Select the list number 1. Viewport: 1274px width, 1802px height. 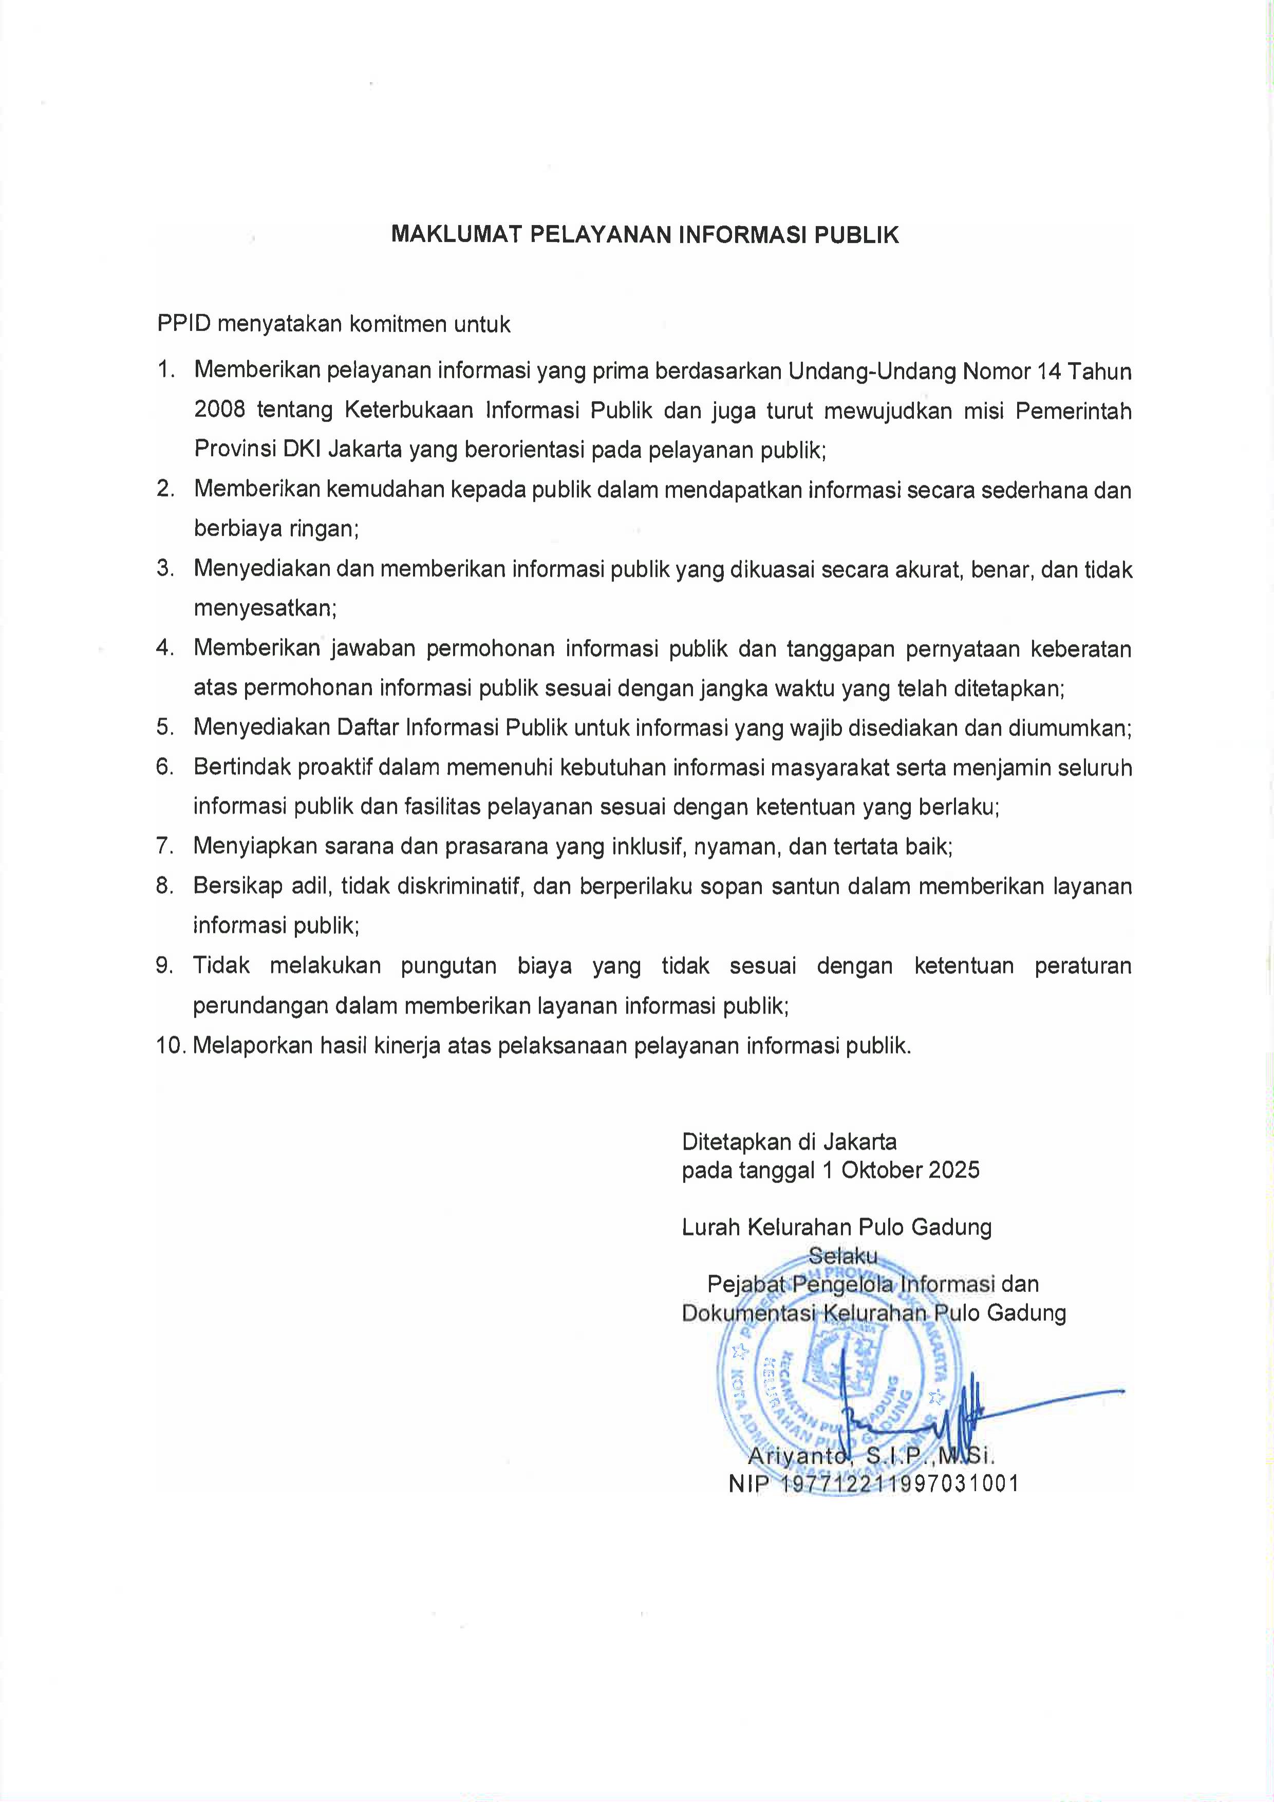pos(165,370)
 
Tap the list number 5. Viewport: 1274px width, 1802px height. pos(165,727)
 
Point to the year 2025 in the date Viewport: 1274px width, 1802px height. pos(954,1170)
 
